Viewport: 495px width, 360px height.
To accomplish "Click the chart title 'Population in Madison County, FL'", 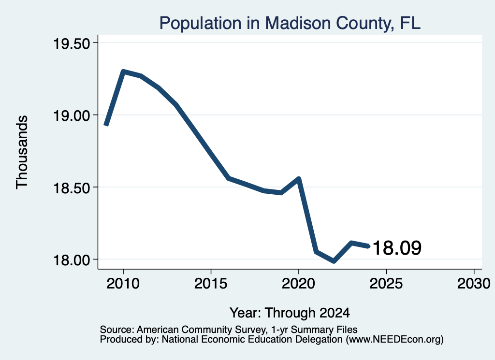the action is coord(290,23).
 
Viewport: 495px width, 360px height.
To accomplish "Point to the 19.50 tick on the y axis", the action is coord(72,43).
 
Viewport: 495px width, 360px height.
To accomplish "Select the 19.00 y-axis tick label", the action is coord(72,116).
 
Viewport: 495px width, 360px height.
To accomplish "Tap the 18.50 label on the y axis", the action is coord(72,188).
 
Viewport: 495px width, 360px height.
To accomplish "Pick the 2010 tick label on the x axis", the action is coord(123,283).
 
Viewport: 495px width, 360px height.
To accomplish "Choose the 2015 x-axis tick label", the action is coord(211,283).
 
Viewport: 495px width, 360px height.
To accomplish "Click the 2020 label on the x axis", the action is coord(298,283).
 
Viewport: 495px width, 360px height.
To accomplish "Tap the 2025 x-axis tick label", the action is coord(386,283).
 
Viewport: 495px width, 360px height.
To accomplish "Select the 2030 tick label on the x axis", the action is coord(474,283).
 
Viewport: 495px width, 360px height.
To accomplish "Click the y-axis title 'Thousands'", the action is coord(22,152).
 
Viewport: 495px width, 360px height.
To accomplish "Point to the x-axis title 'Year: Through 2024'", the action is coord(290,313).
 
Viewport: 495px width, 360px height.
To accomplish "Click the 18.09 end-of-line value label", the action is coord(397,248).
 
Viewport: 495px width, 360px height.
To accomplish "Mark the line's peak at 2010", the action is coord(123,72).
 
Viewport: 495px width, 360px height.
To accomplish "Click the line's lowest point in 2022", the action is coord(334,261).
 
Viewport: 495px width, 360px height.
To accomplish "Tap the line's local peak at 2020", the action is coord(299,179).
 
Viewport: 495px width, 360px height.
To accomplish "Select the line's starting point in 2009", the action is coord(106,125).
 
